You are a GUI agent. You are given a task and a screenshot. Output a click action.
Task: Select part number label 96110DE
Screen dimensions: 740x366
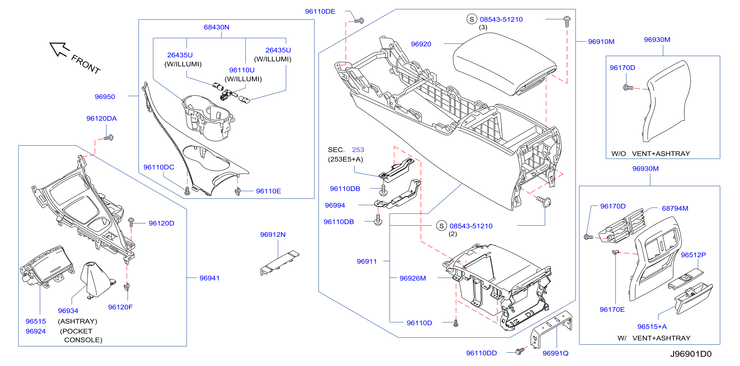[x=320, y=12]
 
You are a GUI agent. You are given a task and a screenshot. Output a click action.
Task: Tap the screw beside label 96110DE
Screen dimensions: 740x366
[x=359, y=21]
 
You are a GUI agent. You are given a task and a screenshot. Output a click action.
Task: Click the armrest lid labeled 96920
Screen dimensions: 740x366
[x=504, y=64]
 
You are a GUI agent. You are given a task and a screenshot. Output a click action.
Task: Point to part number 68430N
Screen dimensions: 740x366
[x=217, y=27]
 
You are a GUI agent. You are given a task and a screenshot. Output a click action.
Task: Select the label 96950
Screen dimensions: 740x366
[x=105, y=97]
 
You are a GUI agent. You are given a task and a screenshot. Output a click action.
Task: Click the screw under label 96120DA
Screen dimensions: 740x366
[x=109, y=138]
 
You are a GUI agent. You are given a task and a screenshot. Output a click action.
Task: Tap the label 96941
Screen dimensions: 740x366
[x=209, y=278]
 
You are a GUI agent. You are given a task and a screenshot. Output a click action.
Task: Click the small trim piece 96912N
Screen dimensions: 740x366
[x=279, y=263]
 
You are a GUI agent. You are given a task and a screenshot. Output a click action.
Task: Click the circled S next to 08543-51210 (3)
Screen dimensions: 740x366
[x=472, y=19]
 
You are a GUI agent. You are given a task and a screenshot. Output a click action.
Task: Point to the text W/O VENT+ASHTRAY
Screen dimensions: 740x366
[x=651, y=154]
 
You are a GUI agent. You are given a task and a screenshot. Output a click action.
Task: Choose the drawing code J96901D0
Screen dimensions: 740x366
[x=691, y=354]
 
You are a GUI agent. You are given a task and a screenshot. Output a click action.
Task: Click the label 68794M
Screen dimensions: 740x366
[x=675, y=209]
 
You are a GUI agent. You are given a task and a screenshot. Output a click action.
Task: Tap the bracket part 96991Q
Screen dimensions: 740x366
[x=551, y=329]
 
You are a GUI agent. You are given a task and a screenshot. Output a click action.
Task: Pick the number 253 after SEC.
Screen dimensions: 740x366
[x=358, y=150]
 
